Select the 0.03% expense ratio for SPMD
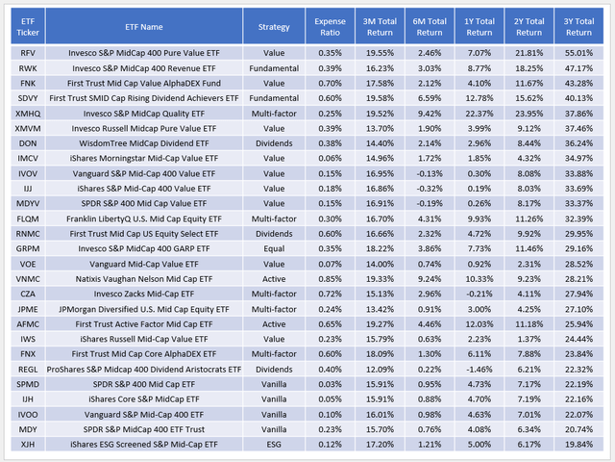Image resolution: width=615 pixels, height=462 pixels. tap(332, 383)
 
